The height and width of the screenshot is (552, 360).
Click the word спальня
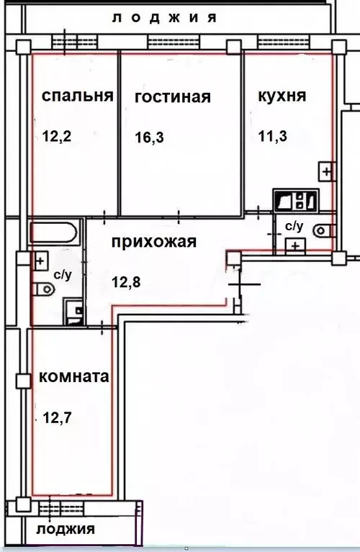[x=78, y=96]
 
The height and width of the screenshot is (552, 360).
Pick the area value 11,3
[x=273, y=135]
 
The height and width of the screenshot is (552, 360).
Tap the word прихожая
[x=153, y=242]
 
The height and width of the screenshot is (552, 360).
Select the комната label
[x=73, y=376]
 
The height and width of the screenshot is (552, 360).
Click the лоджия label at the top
[x=165, y=18]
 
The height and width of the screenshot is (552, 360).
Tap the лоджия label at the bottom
[x=66, y=530]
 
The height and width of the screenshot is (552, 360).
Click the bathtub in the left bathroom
[x=53, y=233]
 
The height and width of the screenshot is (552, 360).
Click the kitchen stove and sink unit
[x=295, y=199]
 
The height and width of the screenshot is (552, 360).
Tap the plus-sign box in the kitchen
[x=327, y=172]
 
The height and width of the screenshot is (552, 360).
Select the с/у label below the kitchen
[x=294, y=226]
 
